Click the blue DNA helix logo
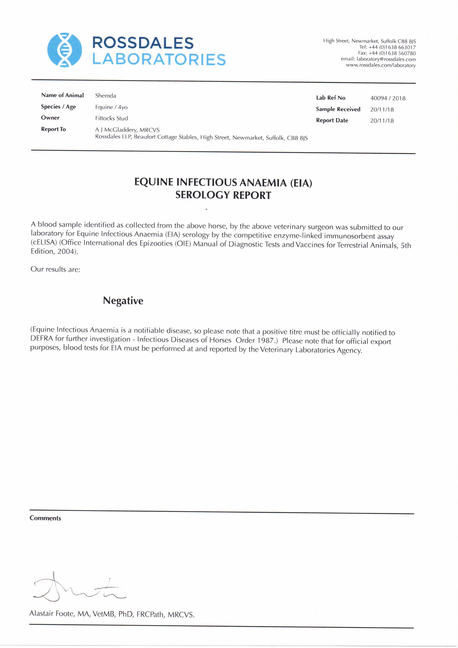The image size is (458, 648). coord(64,50)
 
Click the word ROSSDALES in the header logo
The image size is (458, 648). coord(143,43)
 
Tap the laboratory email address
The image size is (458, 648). coord(386,59)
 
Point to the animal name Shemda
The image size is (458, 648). coord(106,96)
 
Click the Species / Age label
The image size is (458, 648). coord(58,107)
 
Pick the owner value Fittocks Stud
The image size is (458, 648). coord(112,118)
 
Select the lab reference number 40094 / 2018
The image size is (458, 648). coord(388,98)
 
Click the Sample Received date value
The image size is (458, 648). coord(382,110)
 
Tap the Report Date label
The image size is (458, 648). coord(332,121)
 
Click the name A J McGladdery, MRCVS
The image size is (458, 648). coord(127,130)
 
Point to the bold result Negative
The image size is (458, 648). coord(123,301)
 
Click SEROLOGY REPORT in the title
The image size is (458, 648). coord(223,195)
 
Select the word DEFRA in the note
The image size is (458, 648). coord(42,339)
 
